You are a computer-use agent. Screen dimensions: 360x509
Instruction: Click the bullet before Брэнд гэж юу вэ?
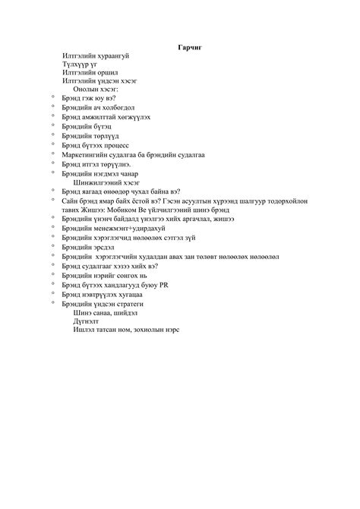click(x=52, y=96)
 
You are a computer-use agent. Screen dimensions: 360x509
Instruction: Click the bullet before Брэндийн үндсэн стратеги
click(x=52, y=303)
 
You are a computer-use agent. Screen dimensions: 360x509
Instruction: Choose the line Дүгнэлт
click(x=86, y=321)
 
